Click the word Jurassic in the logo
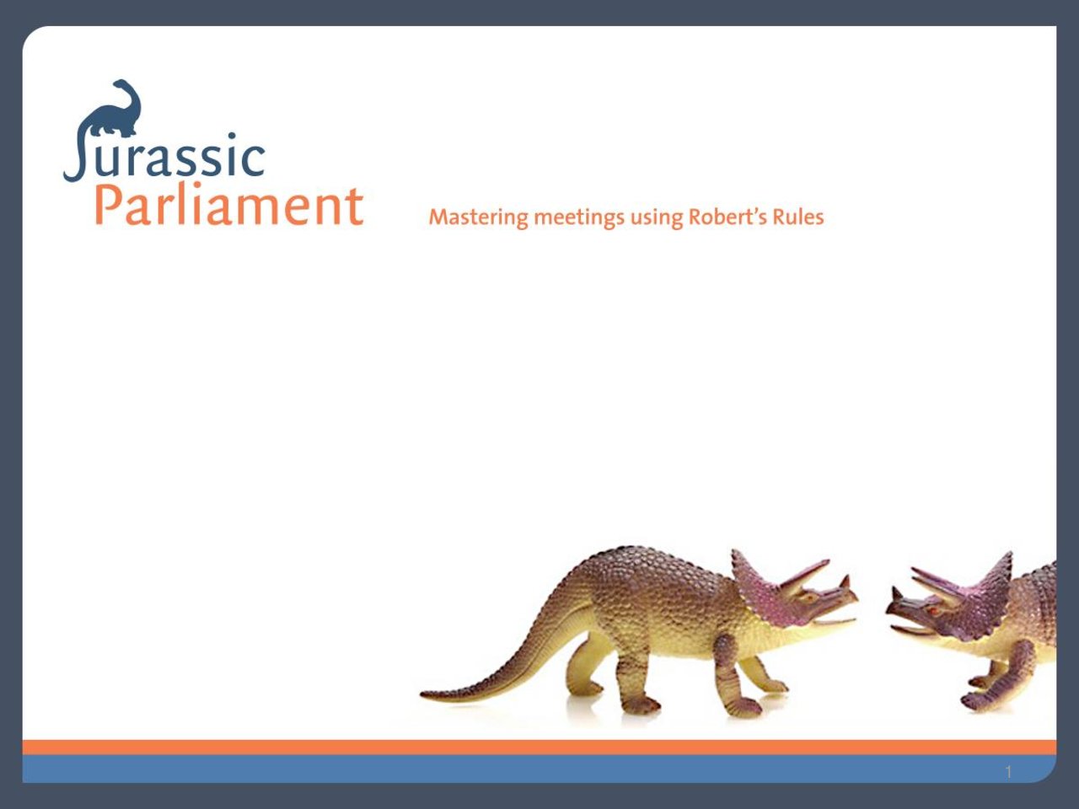[x=164, y=155]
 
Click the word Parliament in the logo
[x=229, y=206]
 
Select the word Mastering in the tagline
[x=478, y=217]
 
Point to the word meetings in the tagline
[x=579, y=218]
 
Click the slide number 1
[x=1009, y=772]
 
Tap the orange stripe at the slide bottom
[x=539, y=747]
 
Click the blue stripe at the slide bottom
[x=539, y=769]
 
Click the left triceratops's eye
[x=808, y=597]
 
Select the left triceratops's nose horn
[x=845, y=582]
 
